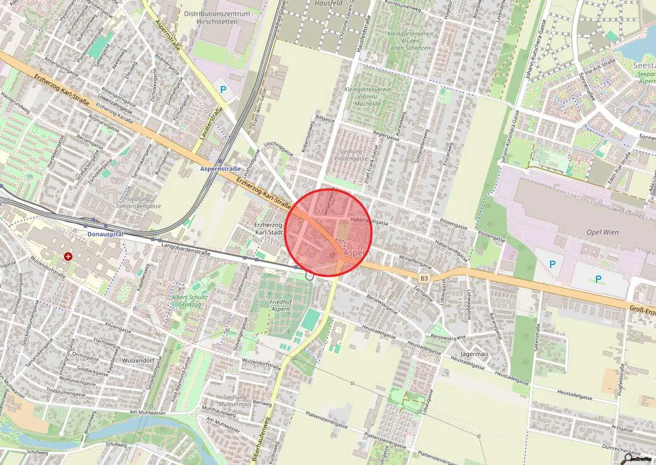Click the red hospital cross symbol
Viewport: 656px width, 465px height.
tap(67, 257)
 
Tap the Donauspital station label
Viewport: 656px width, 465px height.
tap(105, 234)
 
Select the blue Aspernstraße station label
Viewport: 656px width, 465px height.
tap(220, 169)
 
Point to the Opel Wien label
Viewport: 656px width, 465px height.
tap(602, 233)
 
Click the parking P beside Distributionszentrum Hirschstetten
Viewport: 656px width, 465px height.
tap(223, 90)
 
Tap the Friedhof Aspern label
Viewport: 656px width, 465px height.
tap(281, 305)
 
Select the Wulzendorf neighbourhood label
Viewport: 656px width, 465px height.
tap(138, 360)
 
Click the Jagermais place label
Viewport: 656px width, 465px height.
tap(474, 354)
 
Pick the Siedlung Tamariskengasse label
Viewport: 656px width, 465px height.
tap(138, 202)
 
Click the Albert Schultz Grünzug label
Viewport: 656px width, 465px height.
tap(190, 301)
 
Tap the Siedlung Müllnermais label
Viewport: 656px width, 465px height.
tap(234, 401)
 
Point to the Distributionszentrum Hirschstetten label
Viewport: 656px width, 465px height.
tap(217, 18)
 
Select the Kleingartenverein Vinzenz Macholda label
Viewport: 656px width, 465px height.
tap(367, 97)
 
